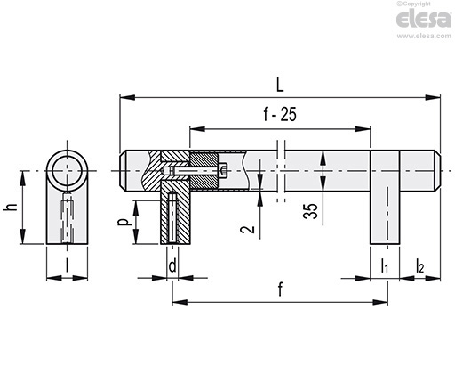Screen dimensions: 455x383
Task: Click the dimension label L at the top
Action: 280,86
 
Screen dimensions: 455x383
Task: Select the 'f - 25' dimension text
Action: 280,115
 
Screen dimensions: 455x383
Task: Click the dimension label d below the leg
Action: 172,265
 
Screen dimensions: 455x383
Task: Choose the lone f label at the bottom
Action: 280,289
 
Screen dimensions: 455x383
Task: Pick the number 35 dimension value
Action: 310,211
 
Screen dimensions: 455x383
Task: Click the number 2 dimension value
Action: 248,229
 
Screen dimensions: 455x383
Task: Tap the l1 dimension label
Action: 384,265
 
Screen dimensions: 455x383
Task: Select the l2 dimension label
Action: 419,265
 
